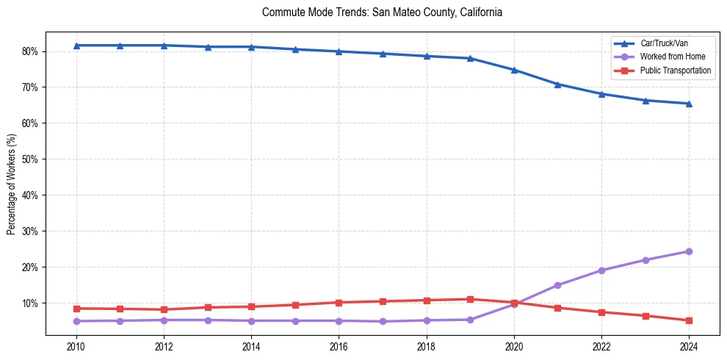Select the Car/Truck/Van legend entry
(x=664, y=43)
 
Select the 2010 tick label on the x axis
(x=76, y=346)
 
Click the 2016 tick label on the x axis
(x=339, y=346)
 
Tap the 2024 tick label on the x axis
(x=689, y=346)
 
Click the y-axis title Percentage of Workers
(x=12, y=184)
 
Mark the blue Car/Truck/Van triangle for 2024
(x=689, y=104)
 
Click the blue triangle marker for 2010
(x=76, y=46)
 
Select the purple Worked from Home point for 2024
(x=689, y=251)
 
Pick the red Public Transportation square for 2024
(x=689, y=320)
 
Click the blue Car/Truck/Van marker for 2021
(x=557, y=84)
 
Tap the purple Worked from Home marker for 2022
(x=601, y=270)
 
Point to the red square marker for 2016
(x=339, y=303)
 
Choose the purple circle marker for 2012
(x=164, y=320)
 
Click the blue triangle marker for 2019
(x=470, y=58)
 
